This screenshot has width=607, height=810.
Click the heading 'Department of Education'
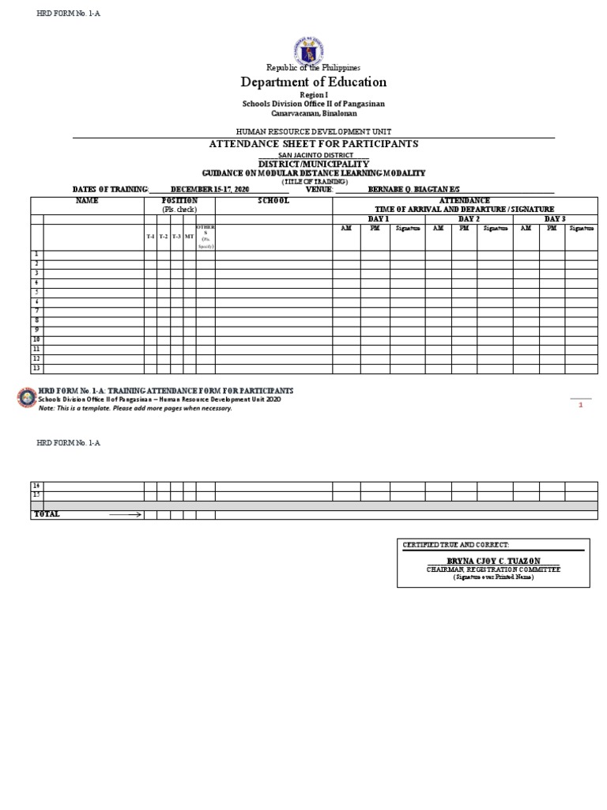pyautogui.click(x=314, y=82)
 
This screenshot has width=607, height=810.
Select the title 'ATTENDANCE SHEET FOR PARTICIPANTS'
pyautogui.click(x=313, y=144)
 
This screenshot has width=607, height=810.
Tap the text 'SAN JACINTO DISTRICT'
pyautogui.click(x=314, y=156)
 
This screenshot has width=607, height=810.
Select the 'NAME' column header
pyautogui.click(x=87, y=201)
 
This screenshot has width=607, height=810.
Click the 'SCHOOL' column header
pyautogui.click(x=273, y=201)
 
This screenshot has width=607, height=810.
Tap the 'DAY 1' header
pyautogui.click(x=379, y=218)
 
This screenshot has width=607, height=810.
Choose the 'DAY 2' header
pyautogui.click(x=469, y=218)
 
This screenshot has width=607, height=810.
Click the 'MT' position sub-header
pyautogui.click(x=190, y=237)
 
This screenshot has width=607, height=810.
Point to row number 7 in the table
pyautogui.click(x=36, y=311)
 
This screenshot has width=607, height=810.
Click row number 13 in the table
pyautogui.click(x=36, y=368)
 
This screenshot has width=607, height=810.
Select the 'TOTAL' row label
pyautogui.click(x=46, y=514)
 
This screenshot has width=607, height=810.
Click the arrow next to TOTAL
pyautogui.click(x=125, y=514)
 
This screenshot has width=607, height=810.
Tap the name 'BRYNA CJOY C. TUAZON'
pyautogui.click(x=493, y=561)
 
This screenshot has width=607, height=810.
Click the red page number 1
pyautogui.click(x=580, y=404)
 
